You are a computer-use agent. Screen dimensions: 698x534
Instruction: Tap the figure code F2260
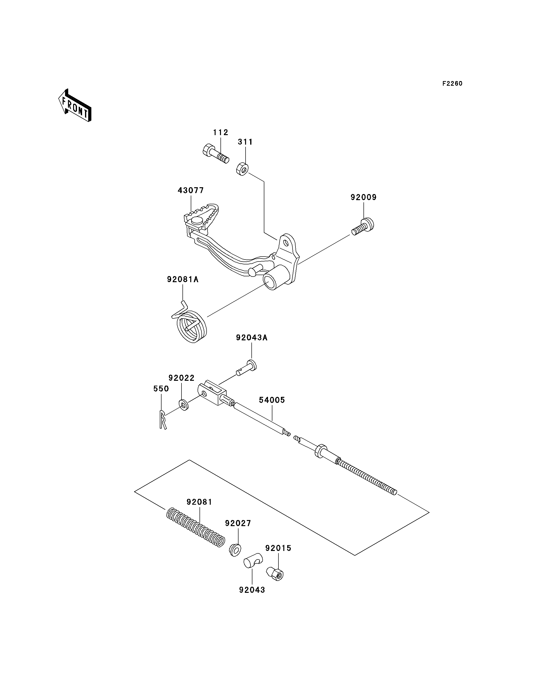click(x=452, y=84)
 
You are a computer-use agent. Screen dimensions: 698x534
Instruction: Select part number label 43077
click(x=191, y=190)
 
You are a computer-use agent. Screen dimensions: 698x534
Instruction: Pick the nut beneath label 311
click(x=242, y=169)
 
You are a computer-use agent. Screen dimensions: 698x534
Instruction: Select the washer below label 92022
click(x=183, y=405)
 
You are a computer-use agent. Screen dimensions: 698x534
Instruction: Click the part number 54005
click(x=272, y=400)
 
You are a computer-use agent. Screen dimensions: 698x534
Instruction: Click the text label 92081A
click(x=183, y=279)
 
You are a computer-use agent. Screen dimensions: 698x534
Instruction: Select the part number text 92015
click(x=278, y=548)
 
